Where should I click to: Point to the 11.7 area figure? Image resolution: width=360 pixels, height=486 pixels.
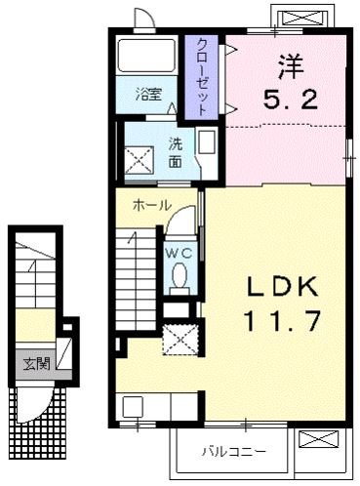[x=283, y=320]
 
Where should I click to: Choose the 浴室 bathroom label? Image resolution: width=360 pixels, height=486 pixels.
[x=149, y=97]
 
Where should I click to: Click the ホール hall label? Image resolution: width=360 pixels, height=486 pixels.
[x=152, y=205]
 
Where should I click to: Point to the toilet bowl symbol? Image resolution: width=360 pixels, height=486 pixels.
[x=180, y=280]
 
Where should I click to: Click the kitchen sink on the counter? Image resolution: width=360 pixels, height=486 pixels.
[x=134, y=407]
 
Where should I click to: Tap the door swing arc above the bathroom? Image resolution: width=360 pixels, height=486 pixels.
[x=143, y=22]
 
